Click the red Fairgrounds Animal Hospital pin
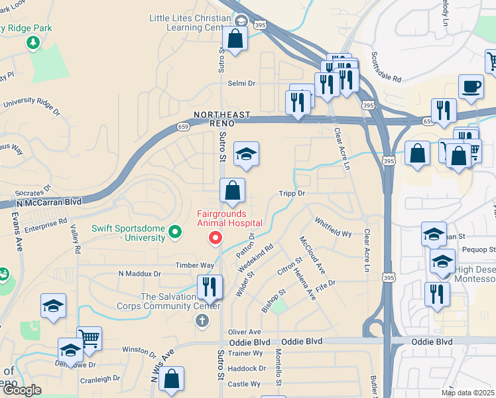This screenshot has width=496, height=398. pos(215,237)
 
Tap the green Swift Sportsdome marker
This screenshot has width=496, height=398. pos(175,232)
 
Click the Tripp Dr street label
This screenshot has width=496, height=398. pos(292,193)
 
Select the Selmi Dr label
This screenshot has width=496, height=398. pos(241,84)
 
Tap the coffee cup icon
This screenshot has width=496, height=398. pos(471,87)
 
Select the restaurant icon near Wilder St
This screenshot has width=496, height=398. pos(210,287)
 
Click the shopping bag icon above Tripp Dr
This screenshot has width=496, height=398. pos(232,191)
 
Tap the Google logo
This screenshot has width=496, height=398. pos(22,390)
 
